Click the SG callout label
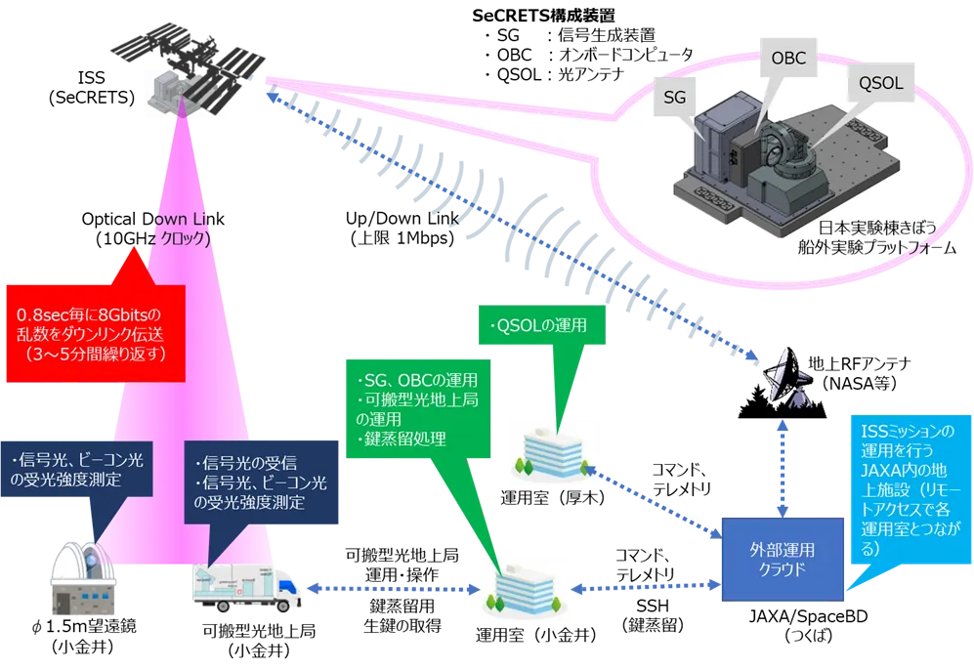675,97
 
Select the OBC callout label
788,60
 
